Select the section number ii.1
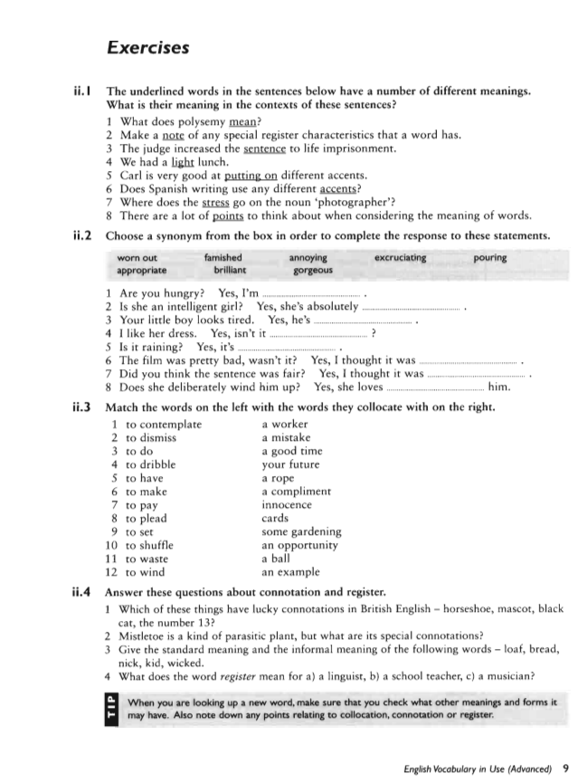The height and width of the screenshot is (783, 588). coord(83,91)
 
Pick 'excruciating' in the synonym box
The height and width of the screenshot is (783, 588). coord(400,257)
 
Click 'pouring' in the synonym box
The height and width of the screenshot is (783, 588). coord(489,257)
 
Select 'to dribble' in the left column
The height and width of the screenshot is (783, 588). coord(150,464)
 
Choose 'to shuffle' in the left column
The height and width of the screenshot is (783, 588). coord(149,545)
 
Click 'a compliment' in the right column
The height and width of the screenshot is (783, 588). coord(296,492)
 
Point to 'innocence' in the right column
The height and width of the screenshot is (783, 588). coord(286,505)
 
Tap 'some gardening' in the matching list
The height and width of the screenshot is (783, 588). coord(301,532)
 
